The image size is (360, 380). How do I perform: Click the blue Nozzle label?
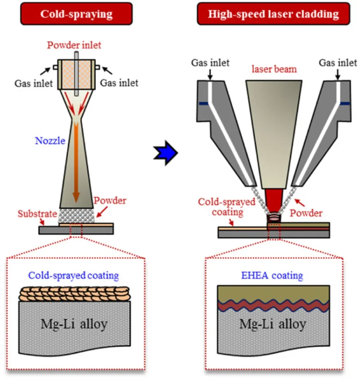50,141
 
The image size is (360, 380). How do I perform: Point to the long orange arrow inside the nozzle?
76,163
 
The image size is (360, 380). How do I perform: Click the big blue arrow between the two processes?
165,152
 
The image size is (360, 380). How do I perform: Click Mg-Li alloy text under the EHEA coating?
273,324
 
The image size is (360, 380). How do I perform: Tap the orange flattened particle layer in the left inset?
74,294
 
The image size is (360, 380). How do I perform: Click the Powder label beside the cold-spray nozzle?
110,201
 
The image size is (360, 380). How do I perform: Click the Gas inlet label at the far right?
338,62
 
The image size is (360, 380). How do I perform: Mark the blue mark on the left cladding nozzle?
203,104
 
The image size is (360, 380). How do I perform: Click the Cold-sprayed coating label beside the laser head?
227,207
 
